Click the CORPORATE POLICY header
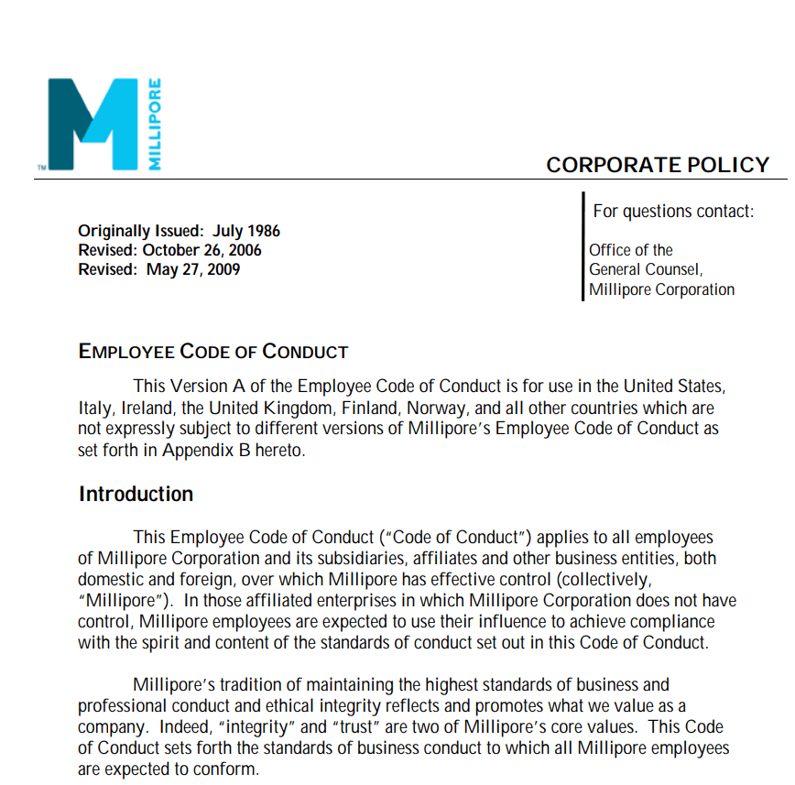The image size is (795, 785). [x=658, y=165]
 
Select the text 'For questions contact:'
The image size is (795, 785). [x=673, y=212]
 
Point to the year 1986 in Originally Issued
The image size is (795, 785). [x=263, y=231]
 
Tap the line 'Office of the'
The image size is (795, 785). [x=631, y=250]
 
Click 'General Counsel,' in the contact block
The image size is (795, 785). [x=646, y=269]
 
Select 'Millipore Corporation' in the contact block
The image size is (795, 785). [x=661, y=289]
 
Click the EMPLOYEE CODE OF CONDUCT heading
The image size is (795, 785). [x=213, y=352]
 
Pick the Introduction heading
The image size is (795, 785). [x=136, y=495]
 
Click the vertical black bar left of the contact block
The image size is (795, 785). [x=583, y=245]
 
